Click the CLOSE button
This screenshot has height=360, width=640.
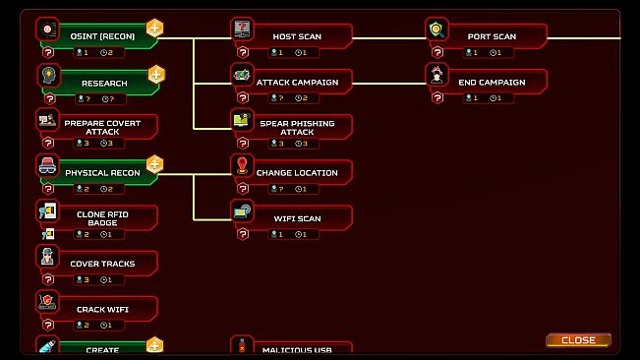pyautogui.click(x=578, y=340)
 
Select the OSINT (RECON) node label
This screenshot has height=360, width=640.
pyautogui.click(x=102, y=36)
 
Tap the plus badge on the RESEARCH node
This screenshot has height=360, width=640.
pyautogui.click(x=155, y=74)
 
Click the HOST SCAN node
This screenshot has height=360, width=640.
pyautogui.click(x=297, y=37)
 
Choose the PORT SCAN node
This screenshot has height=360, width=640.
pyautogui.click(x=492, y=37)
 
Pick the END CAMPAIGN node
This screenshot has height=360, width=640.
pyautogui.click(x=492, y=83)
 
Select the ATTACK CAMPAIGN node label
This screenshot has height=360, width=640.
pyautogui.click(x=297, y=83)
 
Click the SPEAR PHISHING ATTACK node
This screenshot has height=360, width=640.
pyautogui.click(x=297, y=128)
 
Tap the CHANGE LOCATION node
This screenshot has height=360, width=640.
pyautogui.click(x=297, y=173)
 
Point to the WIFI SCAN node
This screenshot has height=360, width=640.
pyautogui.click(x=297, y=218)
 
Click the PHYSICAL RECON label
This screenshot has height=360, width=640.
pyautogui.click(x=102, y=173)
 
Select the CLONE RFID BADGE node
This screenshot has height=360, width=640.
pyautogui.click(x=102, y=217)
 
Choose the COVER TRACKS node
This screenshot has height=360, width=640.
pyautogui.click(x=102, y=264)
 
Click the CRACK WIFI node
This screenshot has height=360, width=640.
pyautogui.click(x=102, y=309)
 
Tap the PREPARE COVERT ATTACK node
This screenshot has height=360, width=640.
pyautogui.click(x=102, y=128)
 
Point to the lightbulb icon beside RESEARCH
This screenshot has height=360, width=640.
pyautogui.click(x=47, y=75)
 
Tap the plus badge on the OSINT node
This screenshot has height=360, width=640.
pyautogui.click(x=155, y=29)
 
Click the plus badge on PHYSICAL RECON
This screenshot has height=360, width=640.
pyautogui.click(x=155, y=164)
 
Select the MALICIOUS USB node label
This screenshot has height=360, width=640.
pyautogui.click(x=297, y=349)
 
